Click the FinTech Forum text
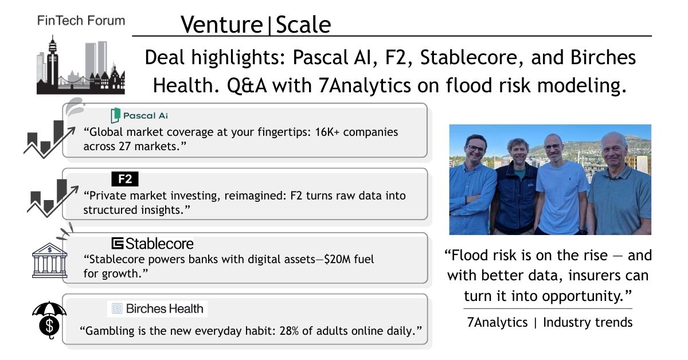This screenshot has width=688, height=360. point(81,21)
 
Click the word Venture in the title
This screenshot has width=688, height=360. point(222,25)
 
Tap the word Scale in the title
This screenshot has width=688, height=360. point(303,25)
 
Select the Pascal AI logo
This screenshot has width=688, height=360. point(139,115)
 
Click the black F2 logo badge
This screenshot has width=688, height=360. point(125,179)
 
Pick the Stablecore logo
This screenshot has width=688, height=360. point(153,244)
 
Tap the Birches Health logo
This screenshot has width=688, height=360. point(157,308)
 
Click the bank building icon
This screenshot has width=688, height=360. point(49,260)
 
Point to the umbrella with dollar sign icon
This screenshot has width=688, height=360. point(49,320)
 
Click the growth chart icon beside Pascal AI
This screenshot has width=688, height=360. point(49,139)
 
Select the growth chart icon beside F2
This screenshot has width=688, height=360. point(53,198)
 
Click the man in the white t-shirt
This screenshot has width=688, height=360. point(561,187)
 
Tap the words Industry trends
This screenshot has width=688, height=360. point(588,322)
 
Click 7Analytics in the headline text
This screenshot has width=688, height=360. point(365,85)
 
